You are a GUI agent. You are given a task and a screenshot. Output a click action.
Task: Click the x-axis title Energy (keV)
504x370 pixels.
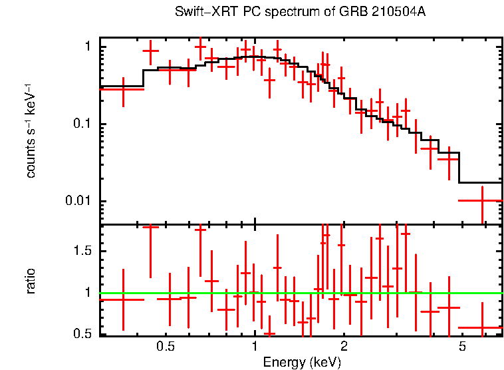click(x=302, y=362)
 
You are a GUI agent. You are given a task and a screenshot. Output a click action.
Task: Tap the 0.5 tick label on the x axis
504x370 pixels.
click(x=165, y=347)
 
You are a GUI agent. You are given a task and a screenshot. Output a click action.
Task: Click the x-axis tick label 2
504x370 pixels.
click(x=344, y=347)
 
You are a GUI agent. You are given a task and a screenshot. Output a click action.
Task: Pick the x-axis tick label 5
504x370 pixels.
click(x=462, y=347)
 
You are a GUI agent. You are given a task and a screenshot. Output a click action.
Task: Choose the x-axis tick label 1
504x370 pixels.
click(x=255, y=347)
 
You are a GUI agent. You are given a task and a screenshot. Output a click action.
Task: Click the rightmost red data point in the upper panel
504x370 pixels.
click(x=481, y=200)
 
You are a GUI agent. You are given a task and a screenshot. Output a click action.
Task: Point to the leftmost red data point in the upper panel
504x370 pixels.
click(x=122, y=89)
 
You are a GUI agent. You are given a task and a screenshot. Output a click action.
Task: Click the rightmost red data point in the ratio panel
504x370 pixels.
click(x=481, y=327)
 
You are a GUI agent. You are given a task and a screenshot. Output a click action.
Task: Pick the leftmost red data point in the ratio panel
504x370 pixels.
click(x=122, y=299)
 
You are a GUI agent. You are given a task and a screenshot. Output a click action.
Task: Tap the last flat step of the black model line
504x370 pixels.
click(x=481, y=182)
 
